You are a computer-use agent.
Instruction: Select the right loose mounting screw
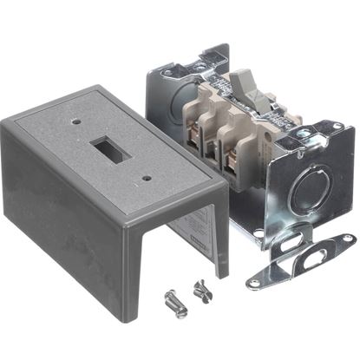pos(204,289)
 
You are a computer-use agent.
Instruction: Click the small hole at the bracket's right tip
pos(345,238)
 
